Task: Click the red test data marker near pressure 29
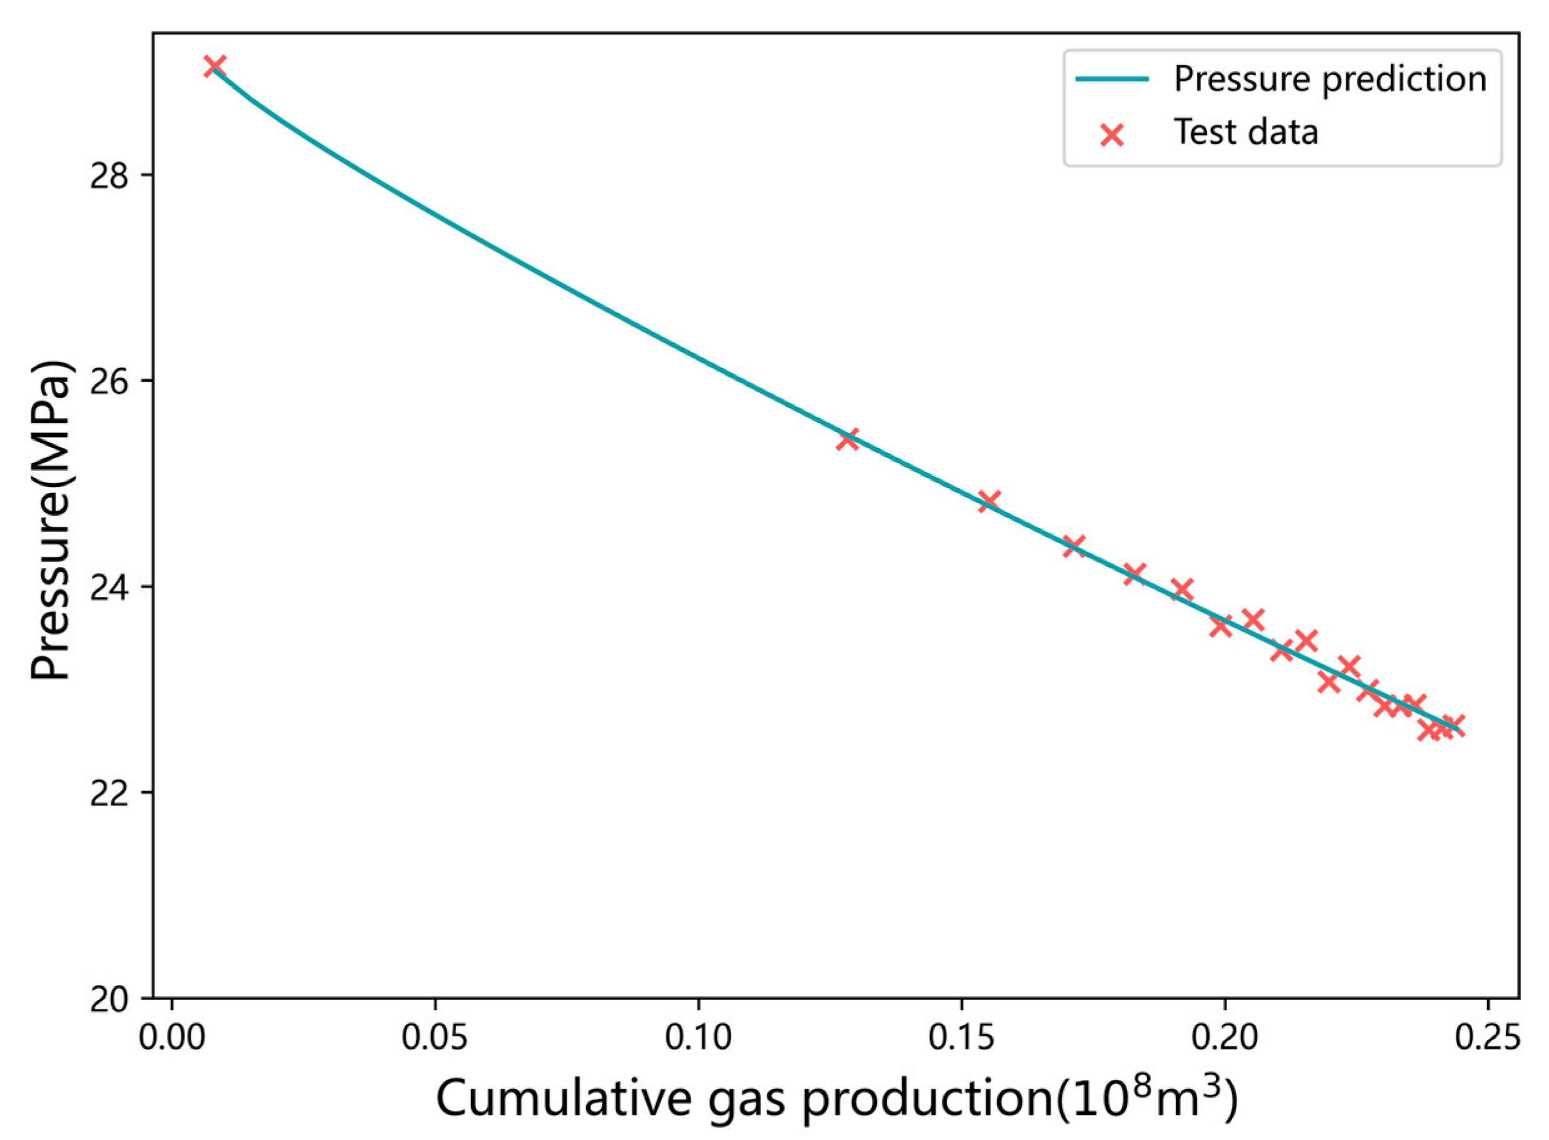click(x=214, y=66)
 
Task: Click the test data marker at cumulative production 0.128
click(x=847, y=439)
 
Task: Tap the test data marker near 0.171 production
click(x=1073, y=546)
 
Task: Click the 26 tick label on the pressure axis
click(x=110, y=382)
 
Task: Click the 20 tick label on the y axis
click(x=110, y=1000)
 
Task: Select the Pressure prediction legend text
click(x=1330, y=79)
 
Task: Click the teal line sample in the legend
click(x=1112, y=79)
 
